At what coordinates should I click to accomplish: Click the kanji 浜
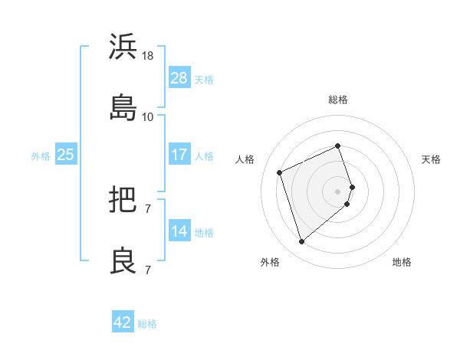123,47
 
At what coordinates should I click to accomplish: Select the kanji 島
123,106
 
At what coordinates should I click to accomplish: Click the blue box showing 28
179,77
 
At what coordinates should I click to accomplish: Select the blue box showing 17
179,155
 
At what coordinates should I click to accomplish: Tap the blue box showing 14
179,231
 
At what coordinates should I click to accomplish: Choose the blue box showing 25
66,155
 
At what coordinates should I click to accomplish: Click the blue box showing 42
123,322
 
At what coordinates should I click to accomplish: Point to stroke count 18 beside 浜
148,56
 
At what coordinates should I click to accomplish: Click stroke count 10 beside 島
148,116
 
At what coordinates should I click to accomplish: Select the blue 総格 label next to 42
148,324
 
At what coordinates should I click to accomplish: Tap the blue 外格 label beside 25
41,156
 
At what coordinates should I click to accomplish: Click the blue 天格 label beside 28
204,80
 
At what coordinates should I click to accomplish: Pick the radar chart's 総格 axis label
338,100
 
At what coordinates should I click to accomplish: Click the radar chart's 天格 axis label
432,159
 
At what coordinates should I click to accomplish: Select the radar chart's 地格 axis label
402,262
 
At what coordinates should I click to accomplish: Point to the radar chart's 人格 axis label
245,159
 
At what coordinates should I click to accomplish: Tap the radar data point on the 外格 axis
302,242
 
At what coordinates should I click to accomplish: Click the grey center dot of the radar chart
338,190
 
